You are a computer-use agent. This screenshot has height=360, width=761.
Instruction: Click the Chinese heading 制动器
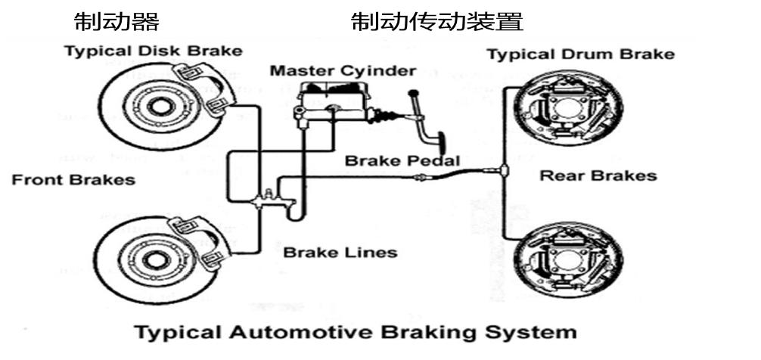pos(116,21)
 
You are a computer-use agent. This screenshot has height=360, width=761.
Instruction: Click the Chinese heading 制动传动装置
pos(437,21)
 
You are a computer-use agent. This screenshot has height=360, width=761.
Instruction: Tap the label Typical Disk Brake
pos(154,51)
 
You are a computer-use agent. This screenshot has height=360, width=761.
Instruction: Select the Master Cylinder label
pos(343,71)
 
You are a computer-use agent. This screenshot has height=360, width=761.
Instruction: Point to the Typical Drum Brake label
pos(580,54)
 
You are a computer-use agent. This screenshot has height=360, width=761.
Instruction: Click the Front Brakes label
pos(73,180)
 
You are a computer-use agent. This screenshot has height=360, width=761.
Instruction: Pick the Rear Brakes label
pos(598,176)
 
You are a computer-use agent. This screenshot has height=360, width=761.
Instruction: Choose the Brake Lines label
pos(340,252)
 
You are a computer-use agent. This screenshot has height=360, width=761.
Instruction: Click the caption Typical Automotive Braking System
pos(355,332)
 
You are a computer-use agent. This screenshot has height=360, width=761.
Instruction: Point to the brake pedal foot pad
pos(438,141)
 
